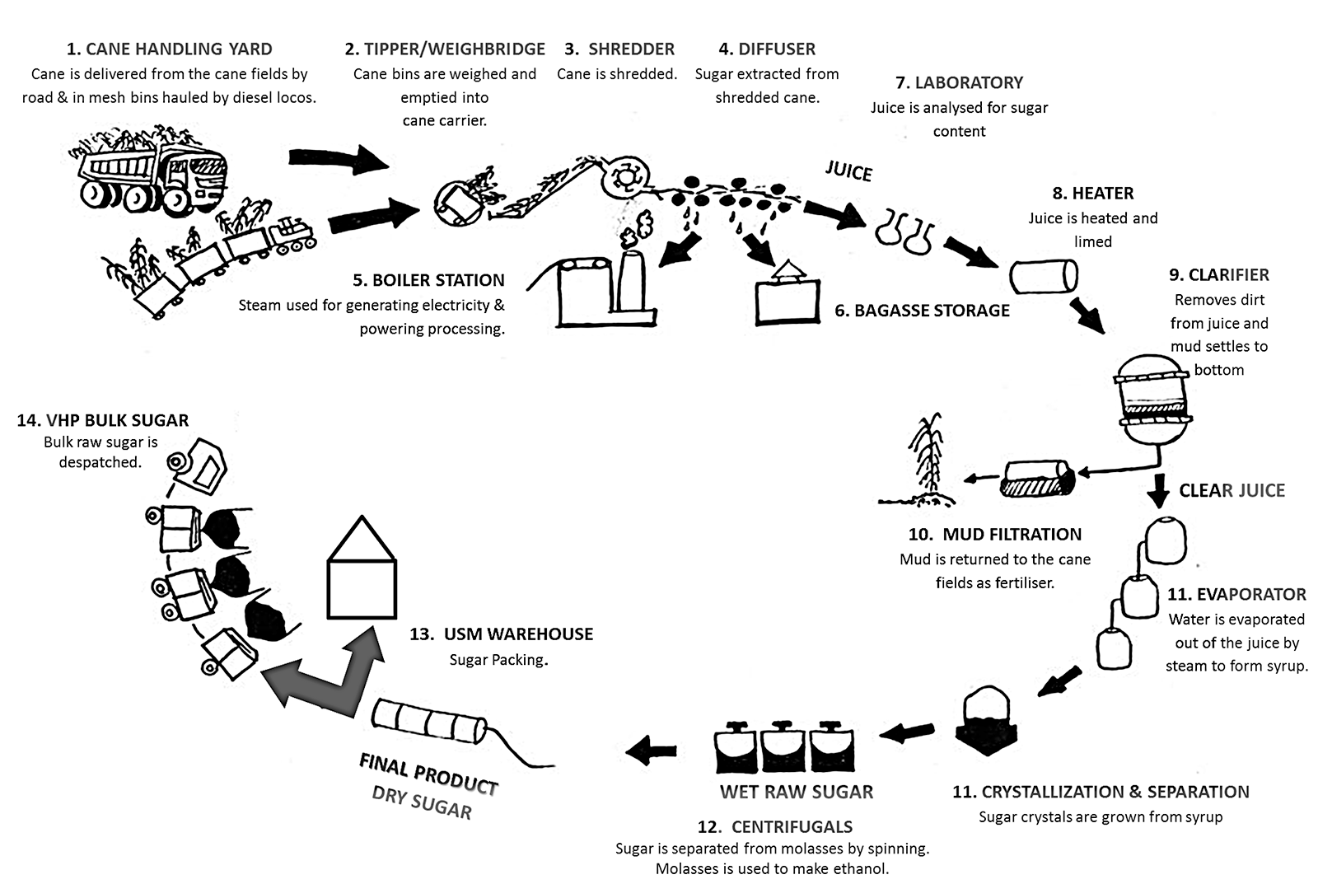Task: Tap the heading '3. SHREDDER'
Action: tap(619, 49)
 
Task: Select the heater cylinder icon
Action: tap(1044, 276)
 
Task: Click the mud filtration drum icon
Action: tap(1038, 479)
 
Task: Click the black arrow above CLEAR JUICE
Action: tap(1159, 490)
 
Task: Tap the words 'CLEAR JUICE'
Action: tap(1232, 491)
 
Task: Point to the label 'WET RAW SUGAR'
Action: tap(796, 793)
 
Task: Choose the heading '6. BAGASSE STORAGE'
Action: tap(922, 311)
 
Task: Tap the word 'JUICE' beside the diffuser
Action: tap(848, 171)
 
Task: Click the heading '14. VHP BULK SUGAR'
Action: tap(103, 421)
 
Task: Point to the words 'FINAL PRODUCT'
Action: tap(428, 774)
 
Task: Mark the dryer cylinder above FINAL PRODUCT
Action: tap(428, 723)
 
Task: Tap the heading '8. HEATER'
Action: tap(1093, 194)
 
